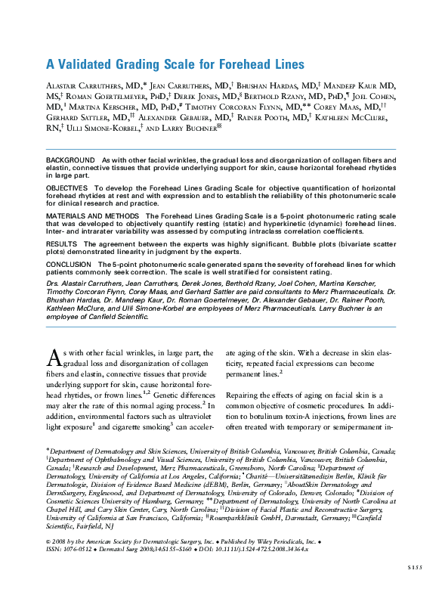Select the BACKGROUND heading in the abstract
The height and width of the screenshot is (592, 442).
click(71, 162)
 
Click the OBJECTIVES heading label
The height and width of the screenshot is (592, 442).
click(67, 186)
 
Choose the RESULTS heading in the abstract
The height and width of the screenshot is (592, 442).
click(62, 244)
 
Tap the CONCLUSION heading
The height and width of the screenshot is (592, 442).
click(70, 265)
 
